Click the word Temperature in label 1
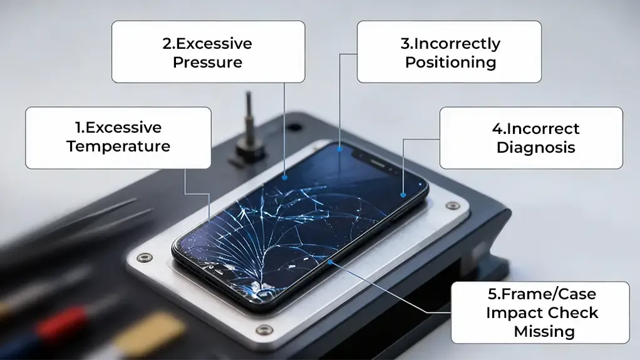click(118, 147)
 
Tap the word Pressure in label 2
click(207, 63)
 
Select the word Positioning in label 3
click(450, 63)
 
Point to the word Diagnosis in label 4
click(535, 148)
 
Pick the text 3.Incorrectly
click(450, 44)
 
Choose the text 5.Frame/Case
click(542, 294)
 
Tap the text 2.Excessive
click(207, 44)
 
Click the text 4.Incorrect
click(535, 129)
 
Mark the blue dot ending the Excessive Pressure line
click(285, 177)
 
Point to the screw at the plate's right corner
click(449, 205)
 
